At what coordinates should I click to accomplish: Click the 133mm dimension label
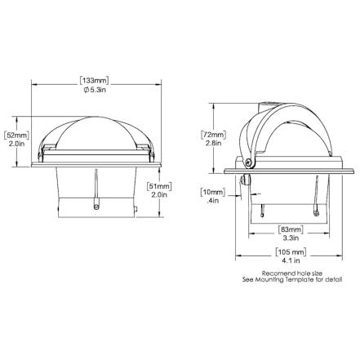[x=94, y=81]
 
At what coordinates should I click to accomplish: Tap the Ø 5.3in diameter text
[x=95, y=90]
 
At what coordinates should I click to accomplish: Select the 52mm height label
[x=16, y=135]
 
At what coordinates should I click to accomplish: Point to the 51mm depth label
[x=159, y=186]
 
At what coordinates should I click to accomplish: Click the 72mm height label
[x=214, y=135]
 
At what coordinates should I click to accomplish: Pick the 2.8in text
[x=214, y=143]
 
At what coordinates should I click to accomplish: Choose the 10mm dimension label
[x=213, y=193]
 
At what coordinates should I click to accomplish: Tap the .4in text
[x=213, y=201]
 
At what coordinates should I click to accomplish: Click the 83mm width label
[x=291, y=229]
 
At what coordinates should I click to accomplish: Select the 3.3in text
[x=291, y=238]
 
